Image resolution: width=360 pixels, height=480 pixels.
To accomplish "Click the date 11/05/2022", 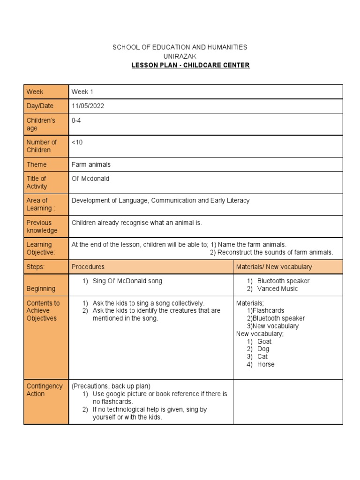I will (x=88, y=106).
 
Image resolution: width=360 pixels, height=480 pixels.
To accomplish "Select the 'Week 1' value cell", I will (x=82, y=92).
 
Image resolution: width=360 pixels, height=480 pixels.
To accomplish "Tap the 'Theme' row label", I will (x=37, y=165).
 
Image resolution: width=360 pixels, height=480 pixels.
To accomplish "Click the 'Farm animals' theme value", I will (x=91, y=165).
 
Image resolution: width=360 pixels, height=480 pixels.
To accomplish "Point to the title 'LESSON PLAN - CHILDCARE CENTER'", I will (x=190, y=65).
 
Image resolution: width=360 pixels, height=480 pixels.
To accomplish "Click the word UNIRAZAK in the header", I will (x=180, y=56).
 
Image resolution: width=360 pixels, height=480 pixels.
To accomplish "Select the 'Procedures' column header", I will (x=88, y=267).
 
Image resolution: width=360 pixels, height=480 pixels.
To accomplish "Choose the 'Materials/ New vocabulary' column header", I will (x=274, y=267).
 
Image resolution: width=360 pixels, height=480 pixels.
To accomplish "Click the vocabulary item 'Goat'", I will (x=264, y=341).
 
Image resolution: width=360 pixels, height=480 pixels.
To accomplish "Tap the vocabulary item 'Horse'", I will (x=266, y=364).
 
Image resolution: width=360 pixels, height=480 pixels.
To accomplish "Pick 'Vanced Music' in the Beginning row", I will (x=277, y=289).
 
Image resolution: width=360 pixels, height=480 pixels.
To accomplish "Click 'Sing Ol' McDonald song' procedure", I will (x=127, y=281).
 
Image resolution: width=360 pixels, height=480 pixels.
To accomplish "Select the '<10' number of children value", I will (x=77, y=142).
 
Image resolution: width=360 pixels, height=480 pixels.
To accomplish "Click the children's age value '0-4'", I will (x=76, y=120).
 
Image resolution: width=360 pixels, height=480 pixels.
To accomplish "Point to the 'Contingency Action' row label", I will (x=44, y=390).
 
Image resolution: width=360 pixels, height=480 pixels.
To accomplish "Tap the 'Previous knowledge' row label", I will (x=42, y=226).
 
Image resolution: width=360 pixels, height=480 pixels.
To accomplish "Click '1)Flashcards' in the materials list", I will (x=265, y=310).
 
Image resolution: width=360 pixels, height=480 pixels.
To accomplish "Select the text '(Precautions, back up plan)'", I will (x=111, y=386).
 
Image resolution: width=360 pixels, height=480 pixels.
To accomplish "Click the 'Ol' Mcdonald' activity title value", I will (x=90, y=179).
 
